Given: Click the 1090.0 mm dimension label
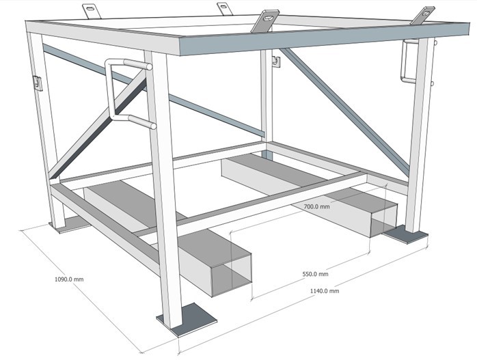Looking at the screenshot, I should point(68,279).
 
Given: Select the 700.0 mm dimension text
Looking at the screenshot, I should point(316,206).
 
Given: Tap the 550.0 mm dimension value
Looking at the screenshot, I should point(315,274).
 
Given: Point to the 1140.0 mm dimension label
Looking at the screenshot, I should point(325,290).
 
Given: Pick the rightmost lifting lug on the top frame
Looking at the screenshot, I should point(424,16).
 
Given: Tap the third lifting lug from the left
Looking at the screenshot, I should point(265,20).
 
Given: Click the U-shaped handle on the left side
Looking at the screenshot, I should point(123,92).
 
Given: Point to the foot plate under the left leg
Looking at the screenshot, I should point(67,225).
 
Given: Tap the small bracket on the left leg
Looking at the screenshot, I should point(37,83).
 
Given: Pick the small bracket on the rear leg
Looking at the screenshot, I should point(276,61).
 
